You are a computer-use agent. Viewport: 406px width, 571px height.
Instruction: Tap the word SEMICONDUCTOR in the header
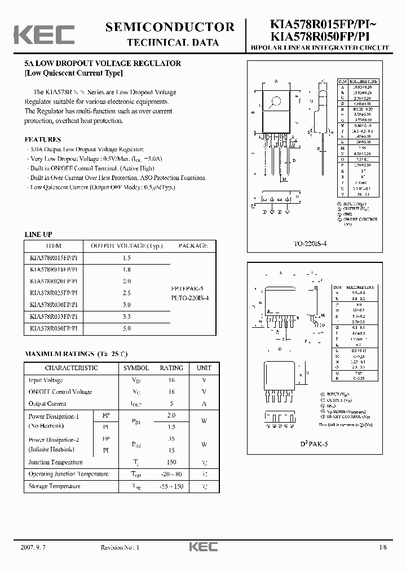[x=169, y=27]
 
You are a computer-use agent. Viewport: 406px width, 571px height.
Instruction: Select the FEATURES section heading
[x=43, y=139]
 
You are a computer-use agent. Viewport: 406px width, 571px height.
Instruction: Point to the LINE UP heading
[x=38, y=234]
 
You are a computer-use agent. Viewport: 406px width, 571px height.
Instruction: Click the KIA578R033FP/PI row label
[x=54, y=316]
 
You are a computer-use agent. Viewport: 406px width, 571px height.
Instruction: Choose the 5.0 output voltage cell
[x=126, y=328]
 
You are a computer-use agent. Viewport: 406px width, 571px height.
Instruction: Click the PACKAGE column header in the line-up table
[x=193, y=246]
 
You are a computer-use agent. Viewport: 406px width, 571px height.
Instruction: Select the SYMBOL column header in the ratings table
[x=136, y=368]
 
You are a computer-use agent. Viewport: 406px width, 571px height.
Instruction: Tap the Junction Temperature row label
[x=55, y=462]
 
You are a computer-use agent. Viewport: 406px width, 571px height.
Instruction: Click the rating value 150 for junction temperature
[x=171, y=462]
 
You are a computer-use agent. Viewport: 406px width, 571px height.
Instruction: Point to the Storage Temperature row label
[x=54, y=486]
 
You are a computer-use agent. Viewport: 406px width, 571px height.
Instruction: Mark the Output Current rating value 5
[x=171, y=403]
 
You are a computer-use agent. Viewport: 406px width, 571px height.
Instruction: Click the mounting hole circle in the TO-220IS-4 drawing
[x=276, y=103]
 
